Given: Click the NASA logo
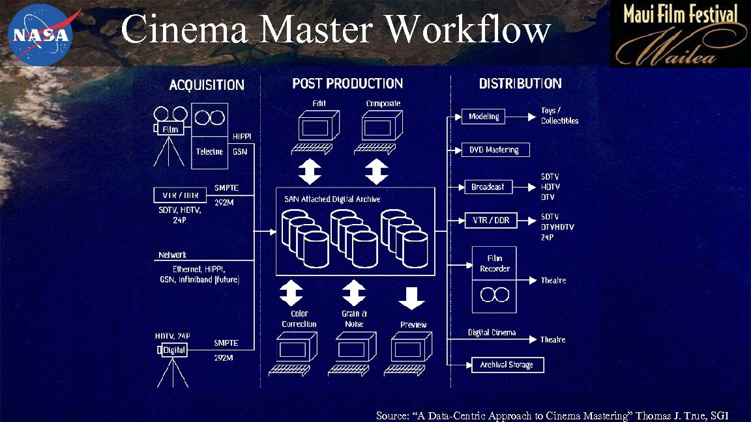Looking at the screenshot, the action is (x=41, y=33).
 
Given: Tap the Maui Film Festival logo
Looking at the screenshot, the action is (x=680, y=34).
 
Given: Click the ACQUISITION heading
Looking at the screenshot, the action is (x=207, y=85).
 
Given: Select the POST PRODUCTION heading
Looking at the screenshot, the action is (x=347, y=83).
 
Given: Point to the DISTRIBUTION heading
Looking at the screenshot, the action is (x=520, y=83).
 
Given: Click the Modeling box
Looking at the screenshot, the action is (x=484, y=117).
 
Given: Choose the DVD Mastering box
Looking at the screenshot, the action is (x=495, y=150).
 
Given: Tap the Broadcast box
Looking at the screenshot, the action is (x=488, y=187).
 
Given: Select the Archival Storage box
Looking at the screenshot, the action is (x=507, y=365).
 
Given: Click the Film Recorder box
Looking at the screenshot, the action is (x=494, y=264).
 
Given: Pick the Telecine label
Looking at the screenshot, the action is (x=209, y=152).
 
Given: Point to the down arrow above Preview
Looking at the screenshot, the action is (x=412, y=297).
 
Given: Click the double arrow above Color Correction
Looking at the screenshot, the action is (x=291, y=292).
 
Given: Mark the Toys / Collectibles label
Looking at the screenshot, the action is (x=559, y=116).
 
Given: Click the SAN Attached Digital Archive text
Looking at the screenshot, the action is (x=332, y=199).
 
